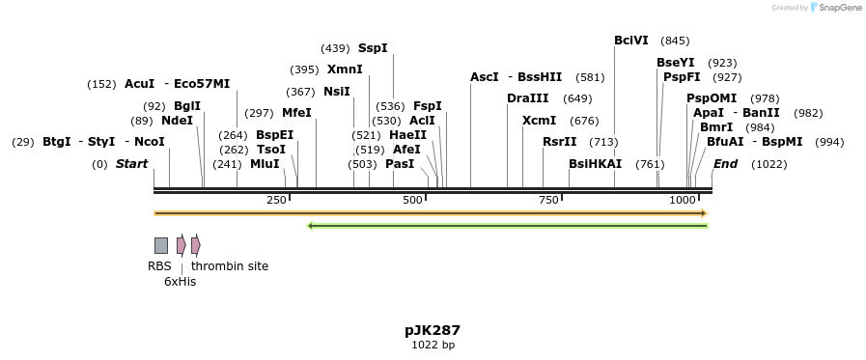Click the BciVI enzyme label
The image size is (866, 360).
pos(631,41)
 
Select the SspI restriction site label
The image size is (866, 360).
pos(373,47)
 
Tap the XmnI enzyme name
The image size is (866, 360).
pos(345,69)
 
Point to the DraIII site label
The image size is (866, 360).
pos(527,98)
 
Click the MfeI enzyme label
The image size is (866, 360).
pos(296,113)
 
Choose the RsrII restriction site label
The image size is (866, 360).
pos(559,142)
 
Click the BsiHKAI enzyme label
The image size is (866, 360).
pos(595,164)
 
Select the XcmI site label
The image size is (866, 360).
pos(539,121)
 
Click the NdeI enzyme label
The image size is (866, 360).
pos(177,121)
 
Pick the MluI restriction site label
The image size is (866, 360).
pos(265,164)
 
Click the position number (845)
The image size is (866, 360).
pos(675,41)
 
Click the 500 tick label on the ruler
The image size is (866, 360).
pos(413,200)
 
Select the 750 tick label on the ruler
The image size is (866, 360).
pos(549,200)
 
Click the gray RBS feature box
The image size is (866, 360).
pos(161,245)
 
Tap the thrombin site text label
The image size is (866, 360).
pos(230,266)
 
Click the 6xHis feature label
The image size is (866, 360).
pos(180,282)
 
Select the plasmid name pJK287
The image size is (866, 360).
pos(433,330)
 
